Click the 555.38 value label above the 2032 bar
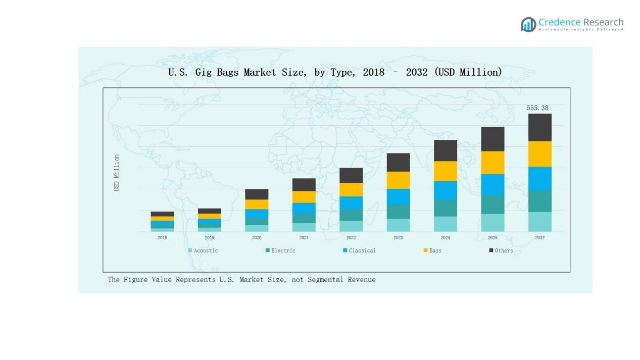(537, 108)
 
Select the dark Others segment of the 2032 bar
(539, 127)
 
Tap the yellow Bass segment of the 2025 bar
(492, 163)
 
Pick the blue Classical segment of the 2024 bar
(445, 190)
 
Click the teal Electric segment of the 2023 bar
(398, 212)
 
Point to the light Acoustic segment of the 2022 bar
(351, 226)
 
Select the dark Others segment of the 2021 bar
(304, 185)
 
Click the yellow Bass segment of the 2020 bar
(257, 204)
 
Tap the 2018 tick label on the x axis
(162, 238)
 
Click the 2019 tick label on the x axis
(209, 238)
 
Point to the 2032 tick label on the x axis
(539, 238)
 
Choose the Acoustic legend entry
(203, 250)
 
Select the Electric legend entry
(280, 250)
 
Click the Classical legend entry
(359, 250)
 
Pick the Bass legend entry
(432, 250)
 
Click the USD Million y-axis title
(117, 173)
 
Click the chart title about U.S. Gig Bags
(335, 72)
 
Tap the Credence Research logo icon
(528, 24)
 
